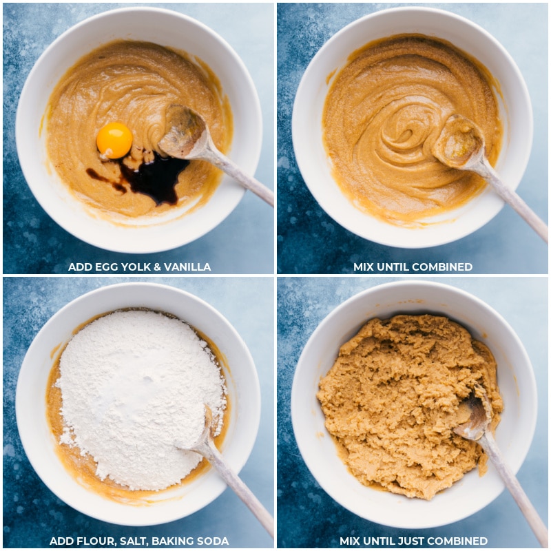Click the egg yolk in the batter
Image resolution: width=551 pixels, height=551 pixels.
pyautogui.click(x=114, y=141)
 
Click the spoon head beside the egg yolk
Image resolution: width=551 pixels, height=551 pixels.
pyautogui.click(x=183, y=130)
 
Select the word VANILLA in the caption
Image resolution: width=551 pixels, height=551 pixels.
pyautogui.click(x=187, y=267)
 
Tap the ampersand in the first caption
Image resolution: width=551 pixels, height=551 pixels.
pyautogui.click(x=157, y=267)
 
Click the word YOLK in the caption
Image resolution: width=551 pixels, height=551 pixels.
pyautogui.click(x=136, y=267)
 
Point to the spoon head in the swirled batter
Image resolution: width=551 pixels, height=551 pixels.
pyautogui.click(x=457, y=141)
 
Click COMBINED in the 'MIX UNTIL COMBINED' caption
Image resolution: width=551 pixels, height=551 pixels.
pyautogui.click(x=442, y=267)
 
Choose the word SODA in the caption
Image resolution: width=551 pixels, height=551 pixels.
pyautogui.click(x=214, y=541)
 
